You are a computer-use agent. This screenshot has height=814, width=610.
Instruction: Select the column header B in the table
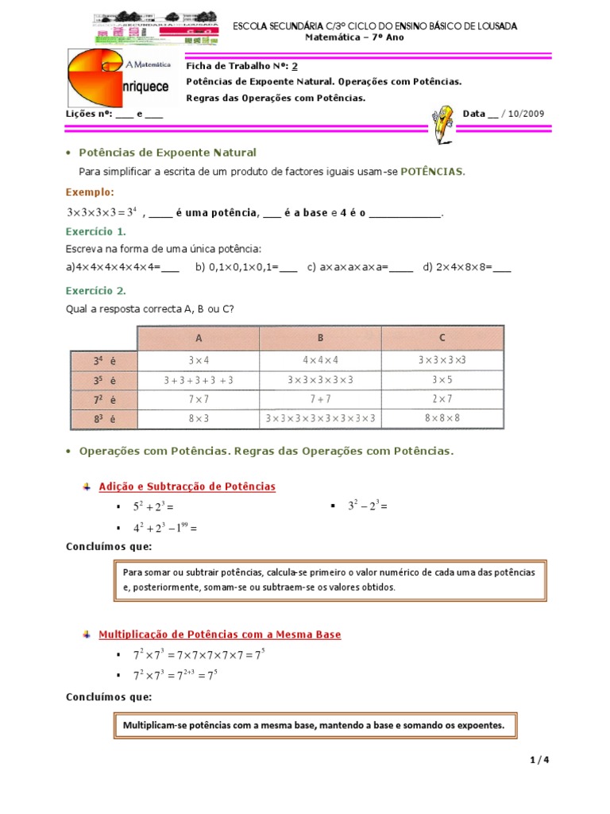321,338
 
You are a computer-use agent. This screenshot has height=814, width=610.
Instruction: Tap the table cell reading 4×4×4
321,359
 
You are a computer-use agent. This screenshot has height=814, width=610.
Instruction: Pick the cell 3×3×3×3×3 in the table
321,380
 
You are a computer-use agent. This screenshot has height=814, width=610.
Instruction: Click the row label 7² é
104,398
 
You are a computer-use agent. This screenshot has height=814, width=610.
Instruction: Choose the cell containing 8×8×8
442,417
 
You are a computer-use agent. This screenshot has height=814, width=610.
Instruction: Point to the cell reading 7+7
321,398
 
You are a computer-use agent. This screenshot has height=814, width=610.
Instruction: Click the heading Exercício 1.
95,231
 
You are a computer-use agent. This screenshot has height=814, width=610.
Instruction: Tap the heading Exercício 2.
95,290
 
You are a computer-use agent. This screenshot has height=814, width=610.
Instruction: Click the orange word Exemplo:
90,192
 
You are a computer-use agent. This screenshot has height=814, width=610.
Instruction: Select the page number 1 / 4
539,760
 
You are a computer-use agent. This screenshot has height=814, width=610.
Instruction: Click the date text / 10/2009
523,114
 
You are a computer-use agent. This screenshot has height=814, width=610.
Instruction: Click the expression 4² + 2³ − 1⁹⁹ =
164,527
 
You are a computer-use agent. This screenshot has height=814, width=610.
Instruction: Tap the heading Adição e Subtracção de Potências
187,486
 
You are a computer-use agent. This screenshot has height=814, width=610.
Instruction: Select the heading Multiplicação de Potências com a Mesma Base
219,634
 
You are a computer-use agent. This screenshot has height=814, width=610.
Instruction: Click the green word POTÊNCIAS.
432,171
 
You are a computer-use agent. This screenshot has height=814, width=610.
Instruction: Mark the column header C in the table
442,338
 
